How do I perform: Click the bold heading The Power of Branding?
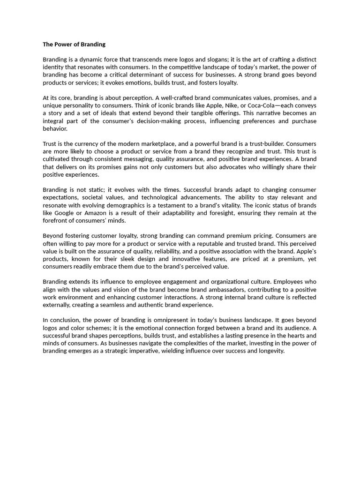click(x=74, y=45)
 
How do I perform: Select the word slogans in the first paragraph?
click(x=260, y=60)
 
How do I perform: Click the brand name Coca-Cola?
click(x=265, y=105)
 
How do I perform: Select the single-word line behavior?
click(x=55, y=128)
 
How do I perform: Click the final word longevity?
click(x=271, y=351)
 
